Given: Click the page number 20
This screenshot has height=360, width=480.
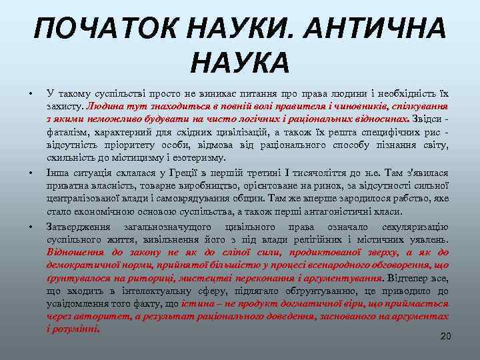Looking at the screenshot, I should [x=445, y=336].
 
